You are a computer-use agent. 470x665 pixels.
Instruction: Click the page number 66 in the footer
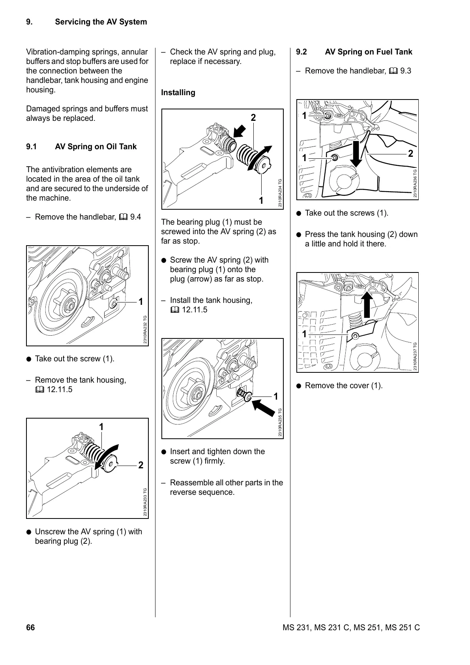[x=30, y=627]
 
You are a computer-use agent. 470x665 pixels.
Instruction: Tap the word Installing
[x=178, y=92]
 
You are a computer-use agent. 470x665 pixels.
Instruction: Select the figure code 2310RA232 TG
[x=145, y=329]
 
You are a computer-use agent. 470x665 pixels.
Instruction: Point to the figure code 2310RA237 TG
[x=415, y=356]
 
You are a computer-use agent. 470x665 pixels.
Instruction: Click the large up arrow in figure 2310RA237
[x=367, y=304]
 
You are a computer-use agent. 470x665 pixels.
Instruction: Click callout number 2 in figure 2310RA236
[x=410, y=154]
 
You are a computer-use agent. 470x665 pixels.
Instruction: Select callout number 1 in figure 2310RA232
[x=140, y=302]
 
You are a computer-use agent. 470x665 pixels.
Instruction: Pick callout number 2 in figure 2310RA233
[x=140, y=465]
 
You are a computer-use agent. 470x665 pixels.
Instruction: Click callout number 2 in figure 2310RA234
[x=253, y=117]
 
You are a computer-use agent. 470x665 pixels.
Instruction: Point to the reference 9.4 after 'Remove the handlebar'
[x=135, y=217]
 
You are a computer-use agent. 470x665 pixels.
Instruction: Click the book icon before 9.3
[x=393, y=71]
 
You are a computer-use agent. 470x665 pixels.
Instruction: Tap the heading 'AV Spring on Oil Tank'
[x=95, y=147]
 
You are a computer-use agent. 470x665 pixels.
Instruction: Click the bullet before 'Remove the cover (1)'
[x=299, y=386]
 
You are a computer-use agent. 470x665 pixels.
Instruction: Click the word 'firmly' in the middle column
[x=214, y=461]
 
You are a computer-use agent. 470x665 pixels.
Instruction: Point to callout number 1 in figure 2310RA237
[x=304, y=334]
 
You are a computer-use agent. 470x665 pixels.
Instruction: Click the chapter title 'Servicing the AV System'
[x=101, y=22]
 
